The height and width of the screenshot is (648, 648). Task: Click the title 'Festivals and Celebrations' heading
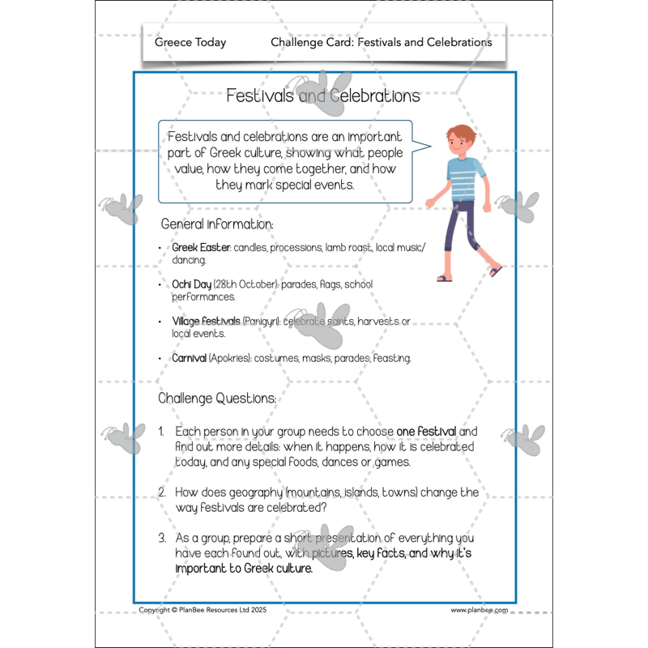(x=322, y=96)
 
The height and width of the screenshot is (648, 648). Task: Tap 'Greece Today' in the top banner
(x=190, y=42)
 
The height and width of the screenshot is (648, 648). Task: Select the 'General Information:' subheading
(x=217, y=224)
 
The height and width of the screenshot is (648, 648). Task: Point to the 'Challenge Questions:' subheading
(x=217, y=399)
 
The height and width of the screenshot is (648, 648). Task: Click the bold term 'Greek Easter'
(x=202, y=247)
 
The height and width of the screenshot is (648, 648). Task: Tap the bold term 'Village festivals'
(x=206, y=322)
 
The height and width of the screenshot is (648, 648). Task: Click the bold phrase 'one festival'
(x=427, y=431)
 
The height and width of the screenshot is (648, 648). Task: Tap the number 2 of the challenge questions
(x=162, y=492)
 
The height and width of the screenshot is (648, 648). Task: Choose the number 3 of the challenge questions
(x=162, y=538)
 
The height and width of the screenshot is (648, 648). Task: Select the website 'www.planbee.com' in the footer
(x=480, y=610)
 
